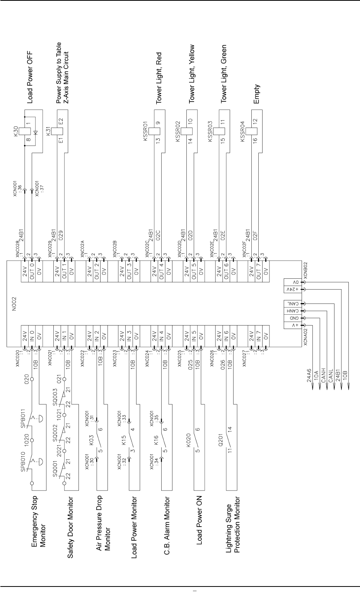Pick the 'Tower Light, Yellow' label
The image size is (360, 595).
[191, 73]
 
